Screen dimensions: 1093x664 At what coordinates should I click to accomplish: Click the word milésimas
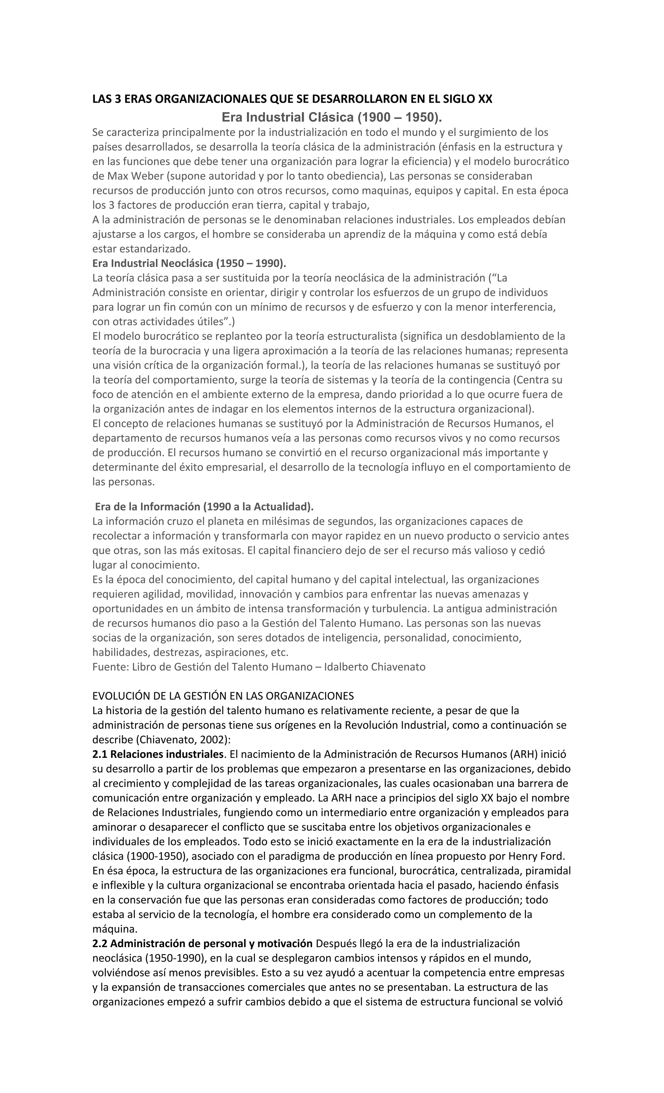(261, 521)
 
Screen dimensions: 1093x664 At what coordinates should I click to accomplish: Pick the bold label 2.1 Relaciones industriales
(158, 754)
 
